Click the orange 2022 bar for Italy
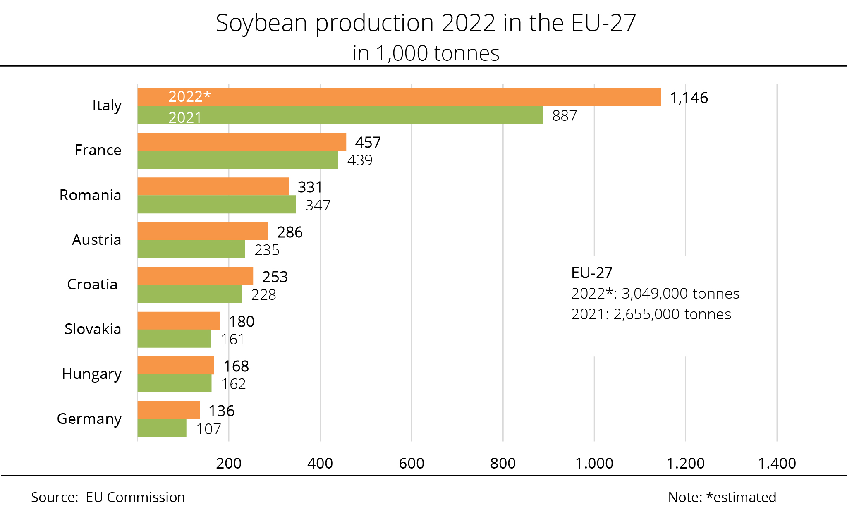click(399, 97)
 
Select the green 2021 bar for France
click(237, 160)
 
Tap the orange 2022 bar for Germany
click(168, 410)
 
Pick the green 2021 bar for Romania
click(217, 204)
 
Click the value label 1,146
click(689, 98)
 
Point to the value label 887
click(565, 116)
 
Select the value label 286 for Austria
click(290, 232)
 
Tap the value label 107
click(208, 429)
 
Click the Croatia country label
click(92, 285)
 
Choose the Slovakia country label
click(93, 329)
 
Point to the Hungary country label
click(91, 374)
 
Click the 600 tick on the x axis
click(412, 464)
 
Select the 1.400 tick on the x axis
click(777, 464)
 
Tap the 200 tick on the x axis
click(229, 464)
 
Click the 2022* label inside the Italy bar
click(189, 97)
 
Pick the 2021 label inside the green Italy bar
click(185, 118)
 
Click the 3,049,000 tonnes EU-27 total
click(680, 294)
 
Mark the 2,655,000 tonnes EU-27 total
click(672, 314)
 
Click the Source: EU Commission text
click(108, 497)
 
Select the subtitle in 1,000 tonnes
click(426, 53)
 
